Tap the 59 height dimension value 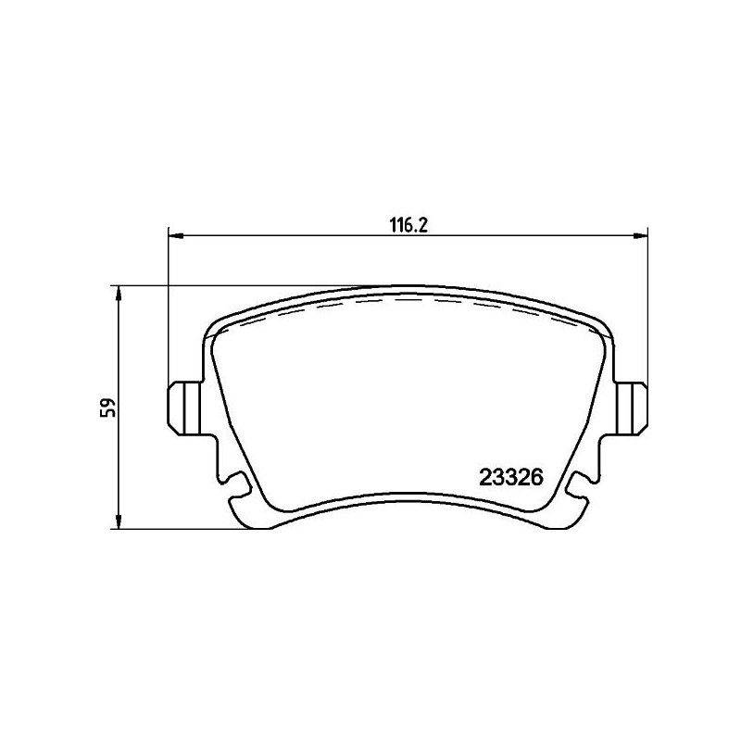(109, 408)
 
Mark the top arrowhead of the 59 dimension (119, 293)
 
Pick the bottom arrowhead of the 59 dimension (119, 521)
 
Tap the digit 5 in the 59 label (109, 414)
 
